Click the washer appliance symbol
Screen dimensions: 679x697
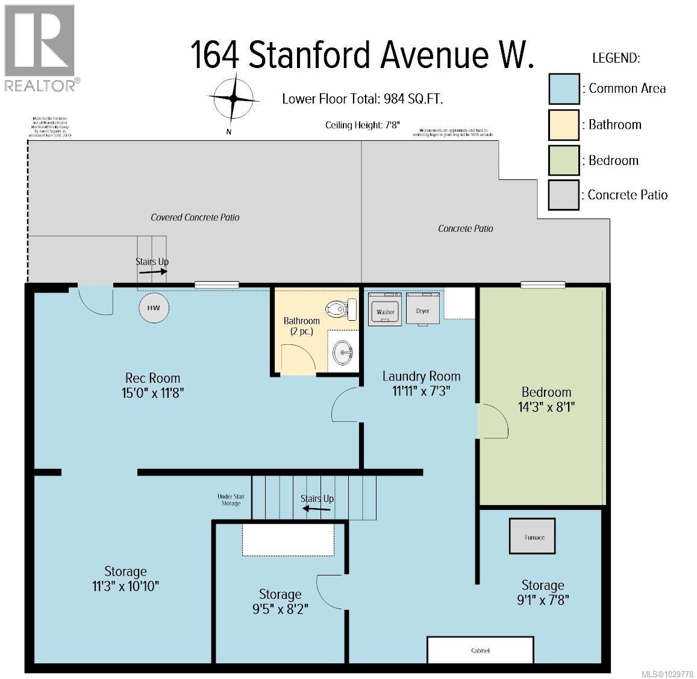coord(385,309)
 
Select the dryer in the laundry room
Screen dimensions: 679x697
coord(422,309)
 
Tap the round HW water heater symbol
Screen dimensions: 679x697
coord(154,308)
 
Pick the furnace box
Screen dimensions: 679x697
coord(533,536)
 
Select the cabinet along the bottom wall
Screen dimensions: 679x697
coord(480,650)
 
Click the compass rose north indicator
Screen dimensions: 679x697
coord(234,99)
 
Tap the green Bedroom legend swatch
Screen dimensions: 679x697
coord(563,160)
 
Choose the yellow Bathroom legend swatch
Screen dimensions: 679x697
coord(563,125)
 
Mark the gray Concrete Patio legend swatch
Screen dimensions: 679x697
coord(563,195)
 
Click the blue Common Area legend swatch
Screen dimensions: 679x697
coord(563,89)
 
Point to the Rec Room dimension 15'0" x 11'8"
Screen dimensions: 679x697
coord(152,392)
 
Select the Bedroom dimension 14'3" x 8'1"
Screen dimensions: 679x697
coord(546,406)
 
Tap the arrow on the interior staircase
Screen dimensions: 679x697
coord(316,509)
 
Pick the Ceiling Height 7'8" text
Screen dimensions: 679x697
coord(363,125)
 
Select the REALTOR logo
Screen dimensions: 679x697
coord(40,48)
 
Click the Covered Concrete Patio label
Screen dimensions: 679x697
coord(195,217)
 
